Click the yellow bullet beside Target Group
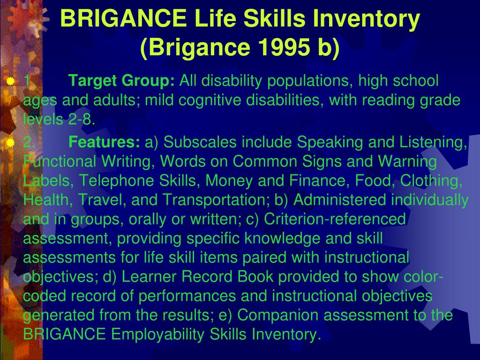tap(10, 81)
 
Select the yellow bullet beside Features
tap(10, 142)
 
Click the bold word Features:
tap(104, 142)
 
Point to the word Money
tap(229, 180)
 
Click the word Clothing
tap(431, 180)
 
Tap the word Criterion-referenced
tap(335, 219)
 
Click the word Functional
tap(60, 161)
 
